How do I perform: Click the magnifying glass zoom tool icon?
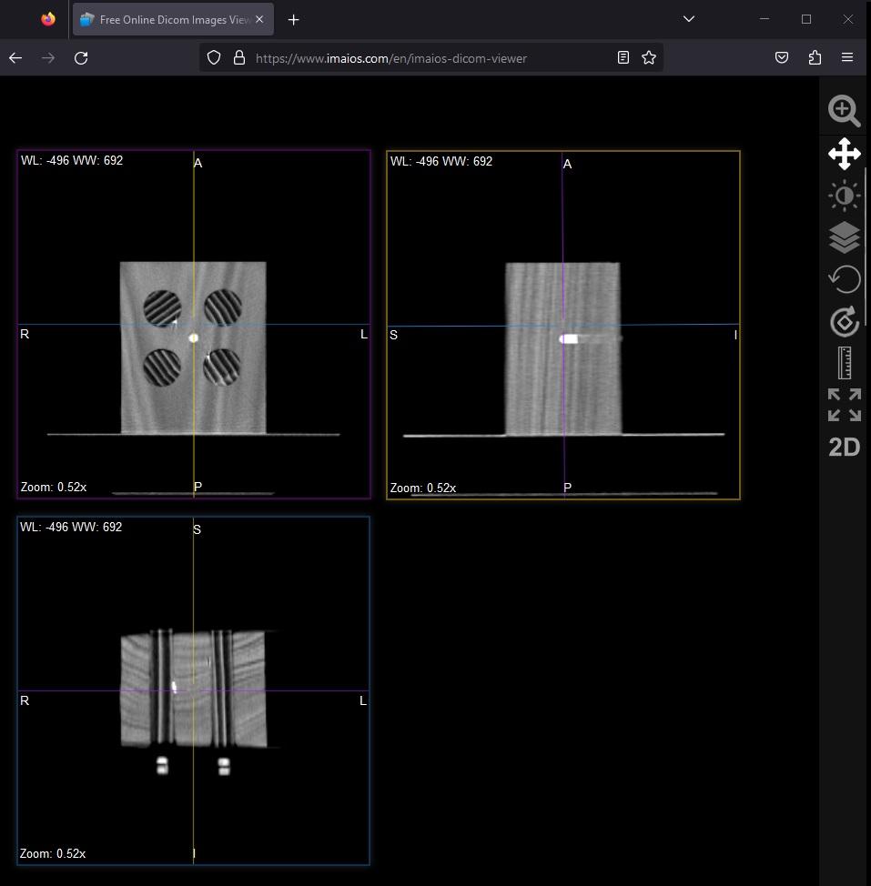click(844, 111)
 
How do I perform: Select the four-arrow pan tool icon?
click(845, 154)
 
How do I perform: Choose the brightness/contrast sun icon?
click(845, 196)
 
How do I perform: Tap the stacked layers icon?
click(845, 237)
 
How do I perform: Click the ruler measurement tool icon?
click(845, 363)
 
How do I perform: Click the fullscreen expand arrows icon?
click(845, 405)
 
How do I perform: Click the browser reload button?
click(81, 57)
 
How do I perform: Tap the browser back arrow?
click(15, 57)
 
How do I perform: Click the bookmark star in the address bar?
click(649, 57)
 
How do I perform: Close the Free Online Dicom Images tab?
click(259, 19)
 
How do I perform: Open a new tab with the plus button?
click(293, 20)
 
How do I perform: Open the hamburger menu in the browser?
click(846, 57)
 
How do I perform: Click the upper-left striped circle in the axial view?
click(162, 308)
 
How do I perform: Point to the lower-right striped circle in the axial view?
click(222, 367)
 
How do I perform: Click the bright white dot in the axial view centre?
click(193, 337)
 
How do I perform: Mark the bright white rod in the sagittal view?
click(569, 338)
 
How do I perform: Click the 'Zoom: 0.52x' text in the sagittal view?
click(423, 488)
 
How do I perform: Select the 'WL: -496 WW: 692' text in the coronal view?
click(71, 527)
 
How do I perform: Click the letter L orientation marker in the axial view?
click(364, 334)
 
